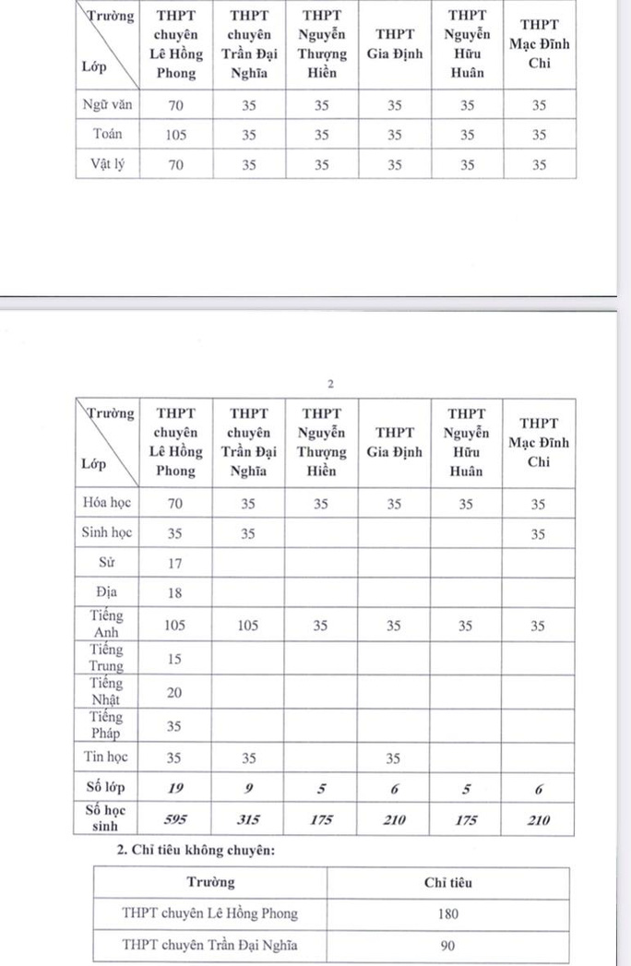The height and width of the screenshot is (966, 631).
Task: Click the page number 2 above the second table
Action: click(329, 384)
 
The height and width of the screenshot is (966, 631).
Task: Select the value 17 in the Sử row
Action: click(175, 563)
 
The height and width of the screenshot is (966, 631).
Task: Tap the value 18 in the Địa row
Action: click(175, 593)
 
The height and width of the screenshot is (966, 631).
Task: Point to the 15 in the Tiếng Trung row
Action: click(175, 658)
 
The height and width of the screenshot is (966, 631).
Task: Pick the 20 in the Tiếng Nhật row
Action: click(175, 692)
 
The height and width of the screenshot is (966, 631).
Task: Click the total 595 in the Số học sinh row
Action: click(175, 817)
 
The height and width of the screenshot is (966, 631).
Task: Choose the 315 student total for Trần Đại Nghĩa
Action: click(248, 817)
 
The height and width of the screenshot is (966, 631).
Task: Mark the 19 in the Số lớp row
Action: click(175, 787)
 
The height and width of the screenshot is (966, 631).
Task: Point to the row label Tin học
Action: click(107, 757)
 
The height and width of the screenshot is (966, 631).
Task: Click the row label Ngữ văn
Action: click(107, 105)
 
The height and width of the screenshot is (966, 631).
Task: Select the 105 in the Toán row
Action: click(175, 135)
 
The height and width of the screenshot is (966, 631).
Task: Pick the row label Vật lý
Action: click(107, 165)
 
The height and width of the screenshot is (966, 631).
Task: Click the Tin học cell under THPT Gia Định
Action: click(394, 757)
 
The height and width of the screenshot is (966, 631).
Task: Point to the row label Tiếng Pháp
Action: click(107, 725)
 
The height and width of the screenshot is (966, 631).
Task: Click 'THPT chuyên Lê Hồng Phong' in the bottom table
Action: click(209, 914)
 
